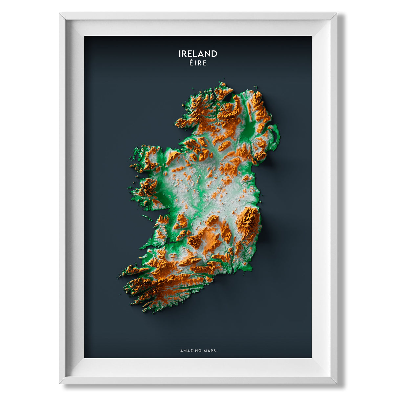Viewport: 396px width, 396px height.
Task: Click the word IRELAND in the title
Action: point(198,54)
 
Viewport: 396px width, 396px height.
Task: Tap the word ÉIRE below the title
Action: point(198,63)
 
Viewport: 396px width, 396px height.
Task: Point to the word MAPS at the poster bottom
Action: point(209,351)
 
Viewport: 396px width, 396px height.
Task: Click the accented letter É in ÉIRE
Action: point(191,63)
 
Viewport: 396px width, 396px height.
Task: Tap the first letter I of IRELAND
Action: point(180,54)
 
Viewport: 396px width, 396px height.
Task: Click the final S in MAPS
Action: point(215,351)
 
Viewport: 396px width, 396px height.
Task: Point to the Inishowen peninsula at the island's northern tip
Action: point(223,90)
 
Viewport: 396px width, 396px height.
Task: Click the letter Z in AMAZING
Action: point(191,351)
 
